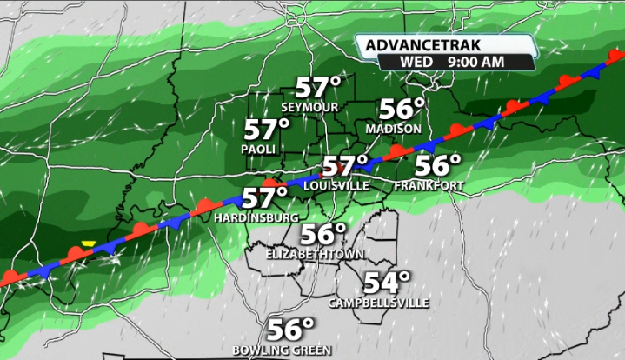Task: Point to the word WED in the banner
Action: pyautogui.click(x=416, y=63)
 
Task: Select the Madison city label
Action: pyautogui.click(x=394, y=129)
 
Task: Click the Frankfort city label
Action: pyautogui.click(x=428, y=186)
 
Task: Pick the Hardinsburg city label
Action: pyautogui.click(x=256, y=217)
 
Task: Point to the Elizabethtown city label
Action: pyautogui.click(x=316, y=254)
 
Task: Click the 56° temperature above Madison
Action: pyautogui.click(x=402, y=110)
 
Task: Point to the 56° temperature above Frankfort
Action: pyautogui.click(x=439, y=165)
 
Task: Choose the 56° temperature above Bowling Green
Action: pyautogui.click(x=290, y=330)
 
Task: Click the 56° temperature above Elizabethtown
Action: pyautogui.click(x=323, y=235)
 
